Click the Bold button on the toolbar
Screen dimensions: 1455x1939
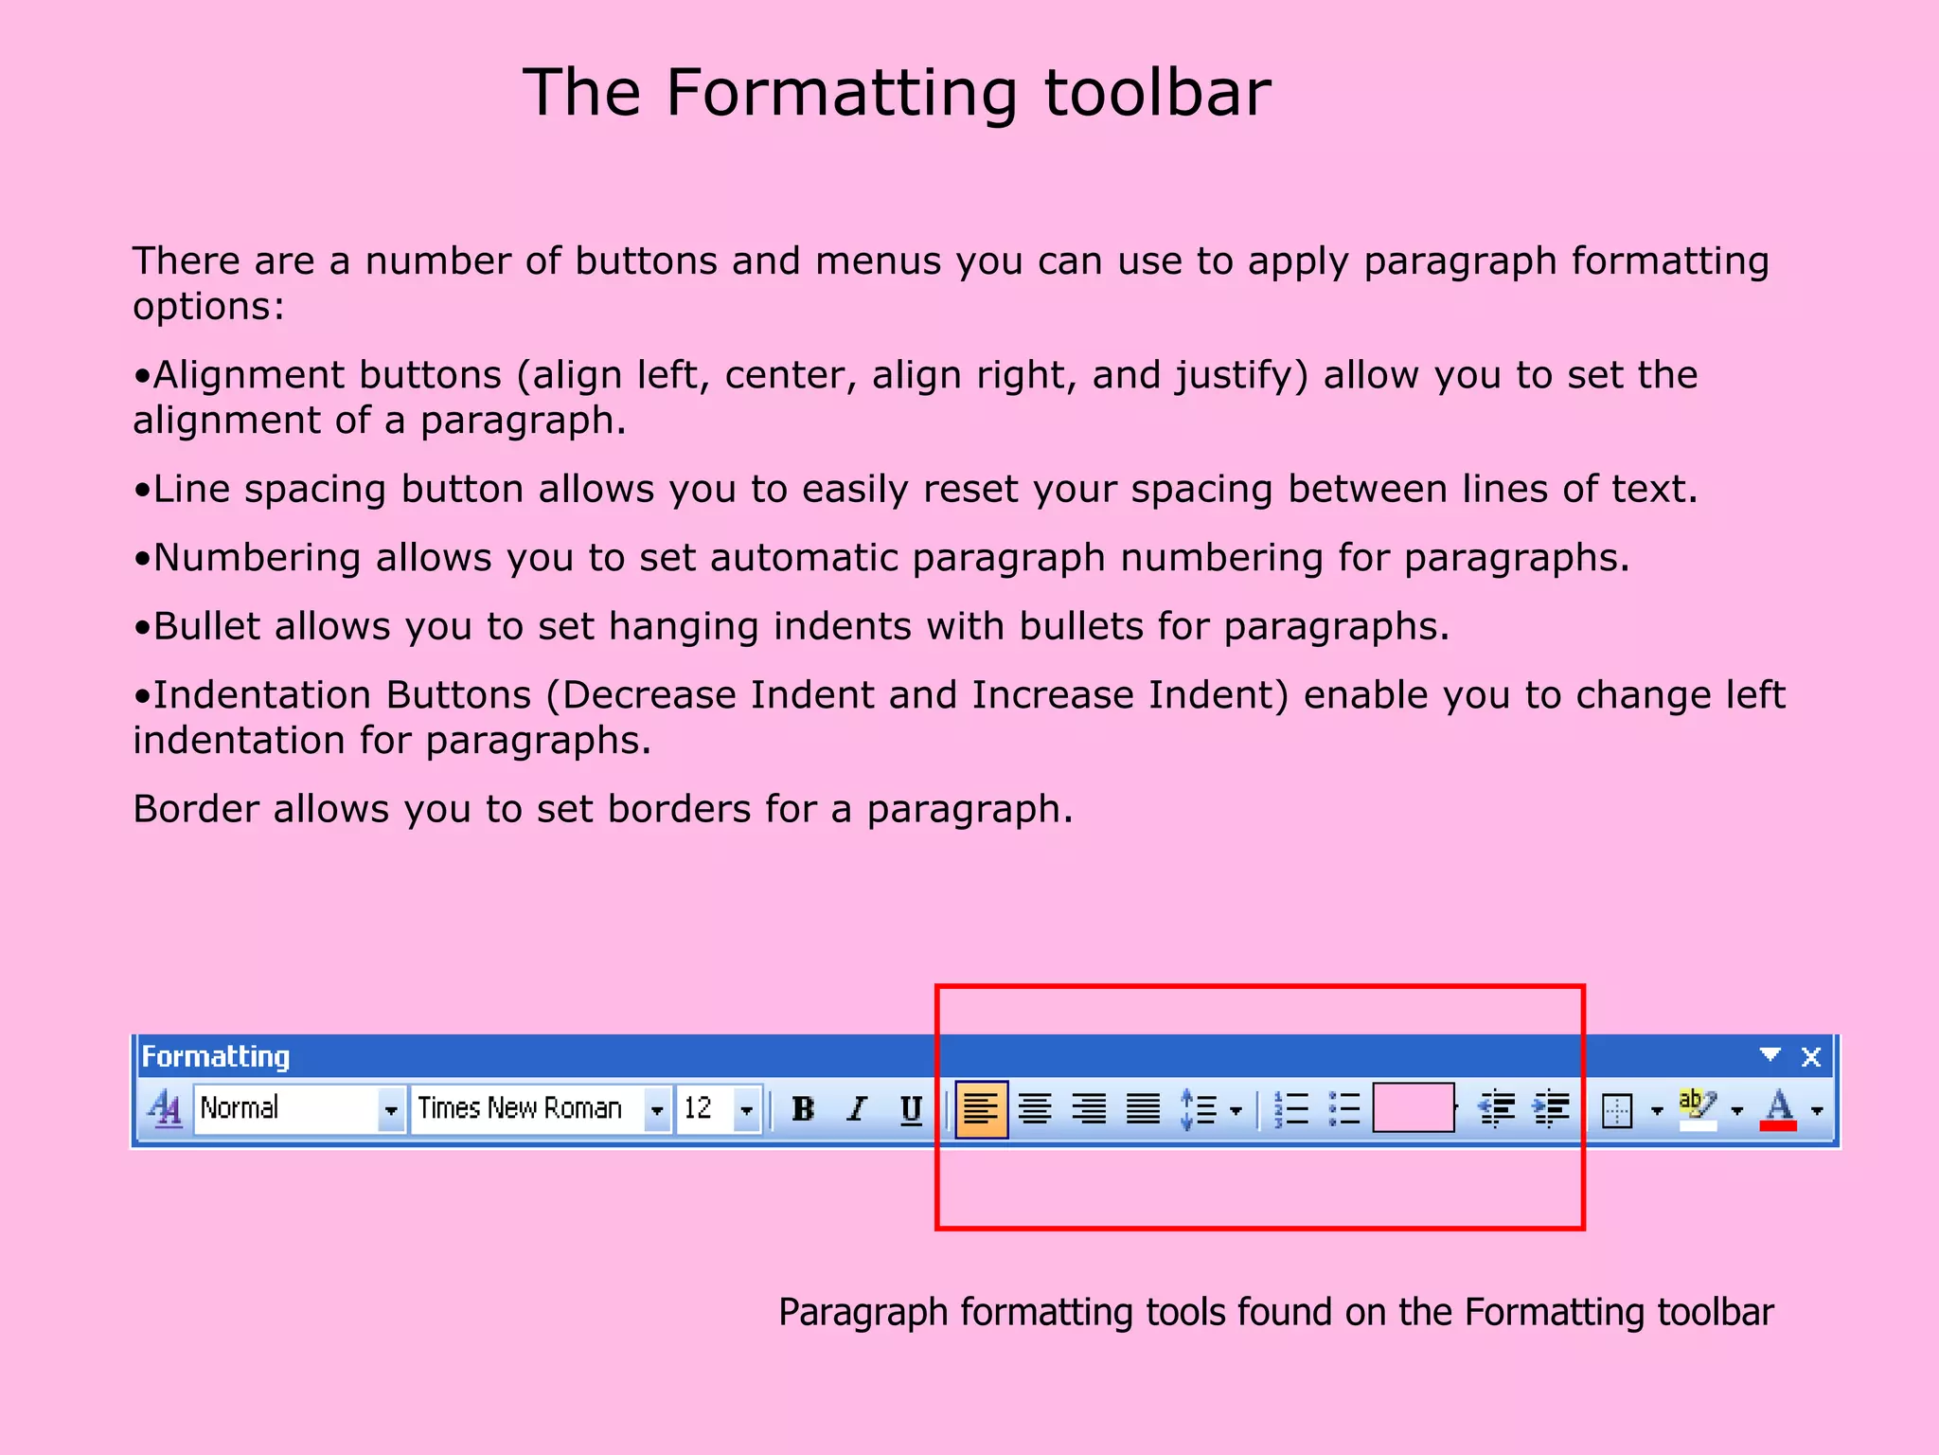pyautogui.click(x=803, y=1108)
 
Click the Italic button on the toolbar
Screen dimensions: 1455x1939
pyautogui.click(x=857, y=1108)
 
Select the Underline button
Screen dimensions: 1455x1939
pyautogui.click(x=911, y=1108)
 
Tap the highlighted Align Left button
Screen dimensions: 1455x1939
pyautogui.click(x=981, y=1108)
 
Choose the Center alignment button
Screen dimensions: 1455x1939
pyautogui.click(x=1035, y=1108)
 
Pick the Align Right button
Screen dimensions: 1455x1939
pyautogui.click(x=1089, y=1108)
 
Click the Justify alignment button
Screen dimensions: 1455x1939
pyautogui.click(x=1143, y=1108)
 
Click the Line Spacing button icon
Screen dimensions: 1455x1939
pyautogui.click(x=1199, y=1109)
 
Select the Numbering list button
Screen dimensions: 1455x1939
pyautogui.click(x=1291, y=1108)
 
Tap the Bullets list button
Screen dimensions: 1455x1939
pyautogui.click(x=1344, y=1108)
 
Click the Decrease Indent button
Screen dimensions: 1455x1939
pyautogui.click(x=1497, y=1108)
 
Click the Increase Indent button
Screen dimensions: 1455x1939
pyautogui.click(x=1552, y=1108)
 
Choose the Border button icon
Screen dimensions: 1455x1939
pyautogui.click(x=1617, y=1110)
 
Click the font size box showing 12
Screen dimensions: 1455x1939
pyautogui.click(x=705, y=1108)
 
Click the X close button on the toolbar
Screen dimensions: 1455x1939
pyautogui.click(x=1811, y=1057)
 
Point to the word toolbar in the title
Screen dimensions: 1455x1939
pyautogui.click(x=1157, y=93)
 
